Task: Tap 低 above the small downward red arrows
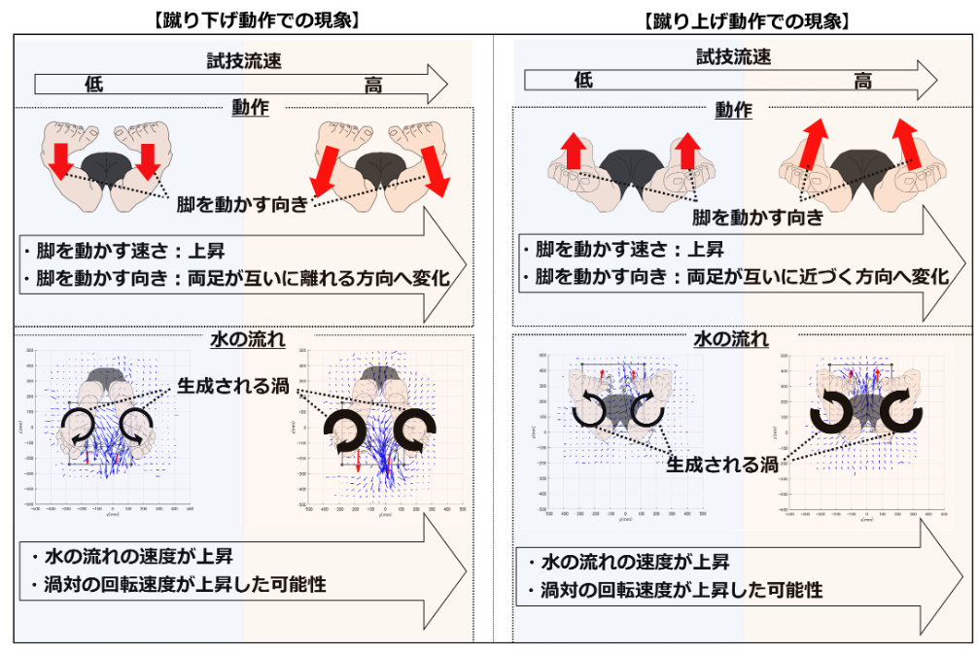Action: click(x=93, y=85)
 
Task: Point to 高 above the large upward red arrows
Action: click(x=862, y=81)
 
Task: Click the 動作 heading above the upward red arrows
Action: click(x=734, y=110)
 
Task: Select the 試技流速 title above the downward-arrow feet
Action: click(x=244, y=60)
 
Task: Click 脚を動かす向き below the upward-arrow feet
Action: click(x=757, y=217)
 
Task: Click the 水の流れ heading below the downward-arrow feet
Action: click(x=248, y=340)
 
